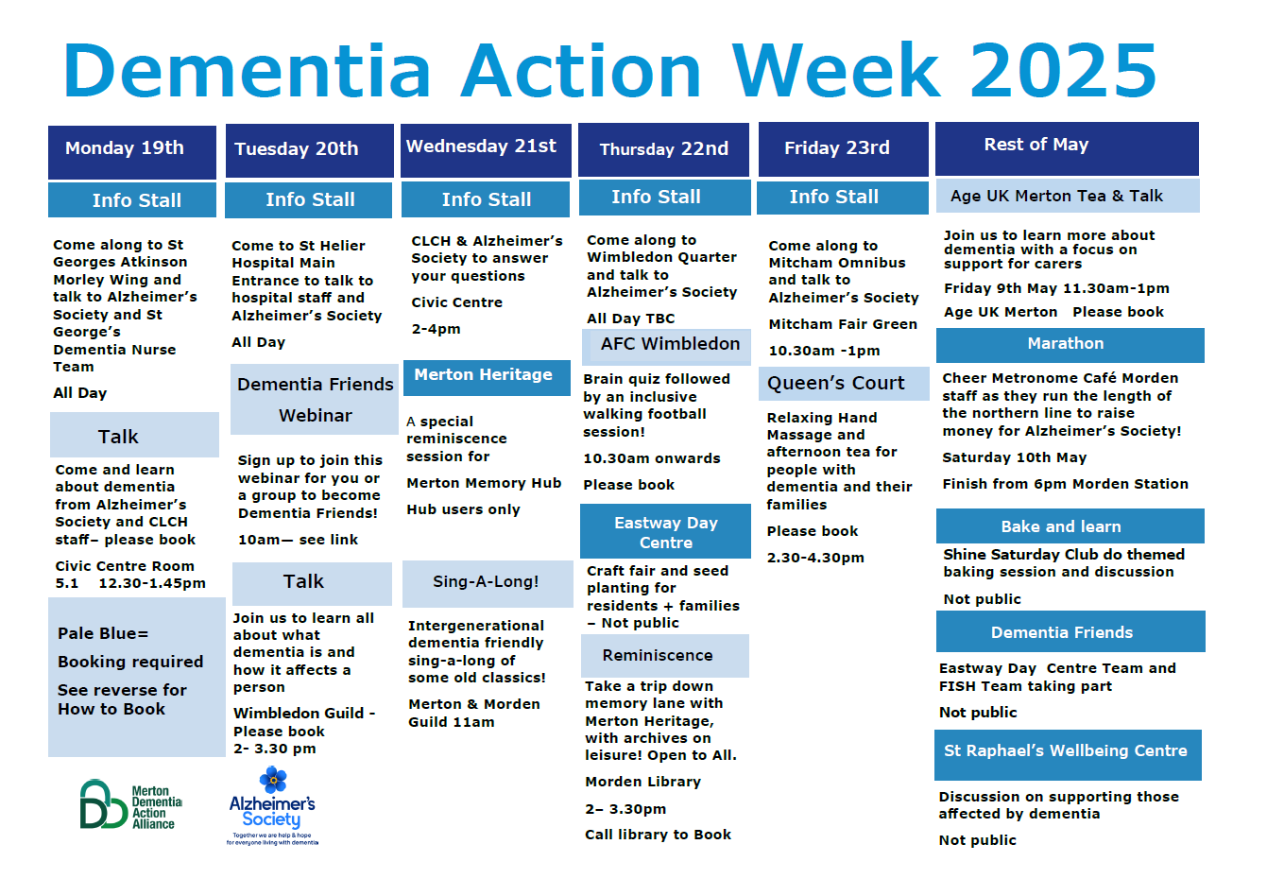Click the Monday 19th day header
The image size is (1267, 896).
[x=132, y=152]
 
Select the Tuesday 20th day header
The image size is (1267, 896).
[x=309, y=150]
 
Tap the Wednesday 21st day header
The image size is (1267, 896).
[x=486, y=150]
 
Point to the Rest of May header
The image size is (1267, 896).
[x=1067, y=148]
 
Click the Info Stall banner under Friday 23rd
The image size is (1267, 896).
[x=842, y=198]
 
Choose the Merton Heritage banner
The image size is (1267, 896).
[x=487, y=377]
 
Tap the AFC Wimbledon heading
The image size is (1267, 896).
[x=666, y=347]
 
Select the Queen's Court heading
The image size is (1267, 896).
[x=844, y=384]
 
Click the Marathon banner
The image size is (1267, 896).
[x=1070, y=345]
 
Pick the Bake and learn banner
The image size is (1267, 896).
[x=1070, y=526]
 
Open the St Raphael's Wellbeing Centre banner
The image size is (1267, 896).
[x=1068, y=754]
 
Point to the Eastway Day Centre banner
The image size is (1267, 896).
[x=665, y=531]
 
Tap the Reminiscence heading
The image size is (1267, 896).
[x=664, y=656]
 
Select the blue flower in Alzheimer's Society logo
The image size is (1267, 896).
[x=273, y=780]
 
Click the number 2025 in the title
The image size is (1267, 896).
[x=1063, y=71]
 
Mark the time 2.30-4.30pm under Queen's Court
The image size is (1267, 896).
[x=815, y=558]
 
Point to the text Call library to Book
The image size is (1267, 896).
[x=658, y=835]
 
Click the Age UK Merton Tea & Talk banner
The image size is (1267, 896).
[x=1068, y=196]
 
